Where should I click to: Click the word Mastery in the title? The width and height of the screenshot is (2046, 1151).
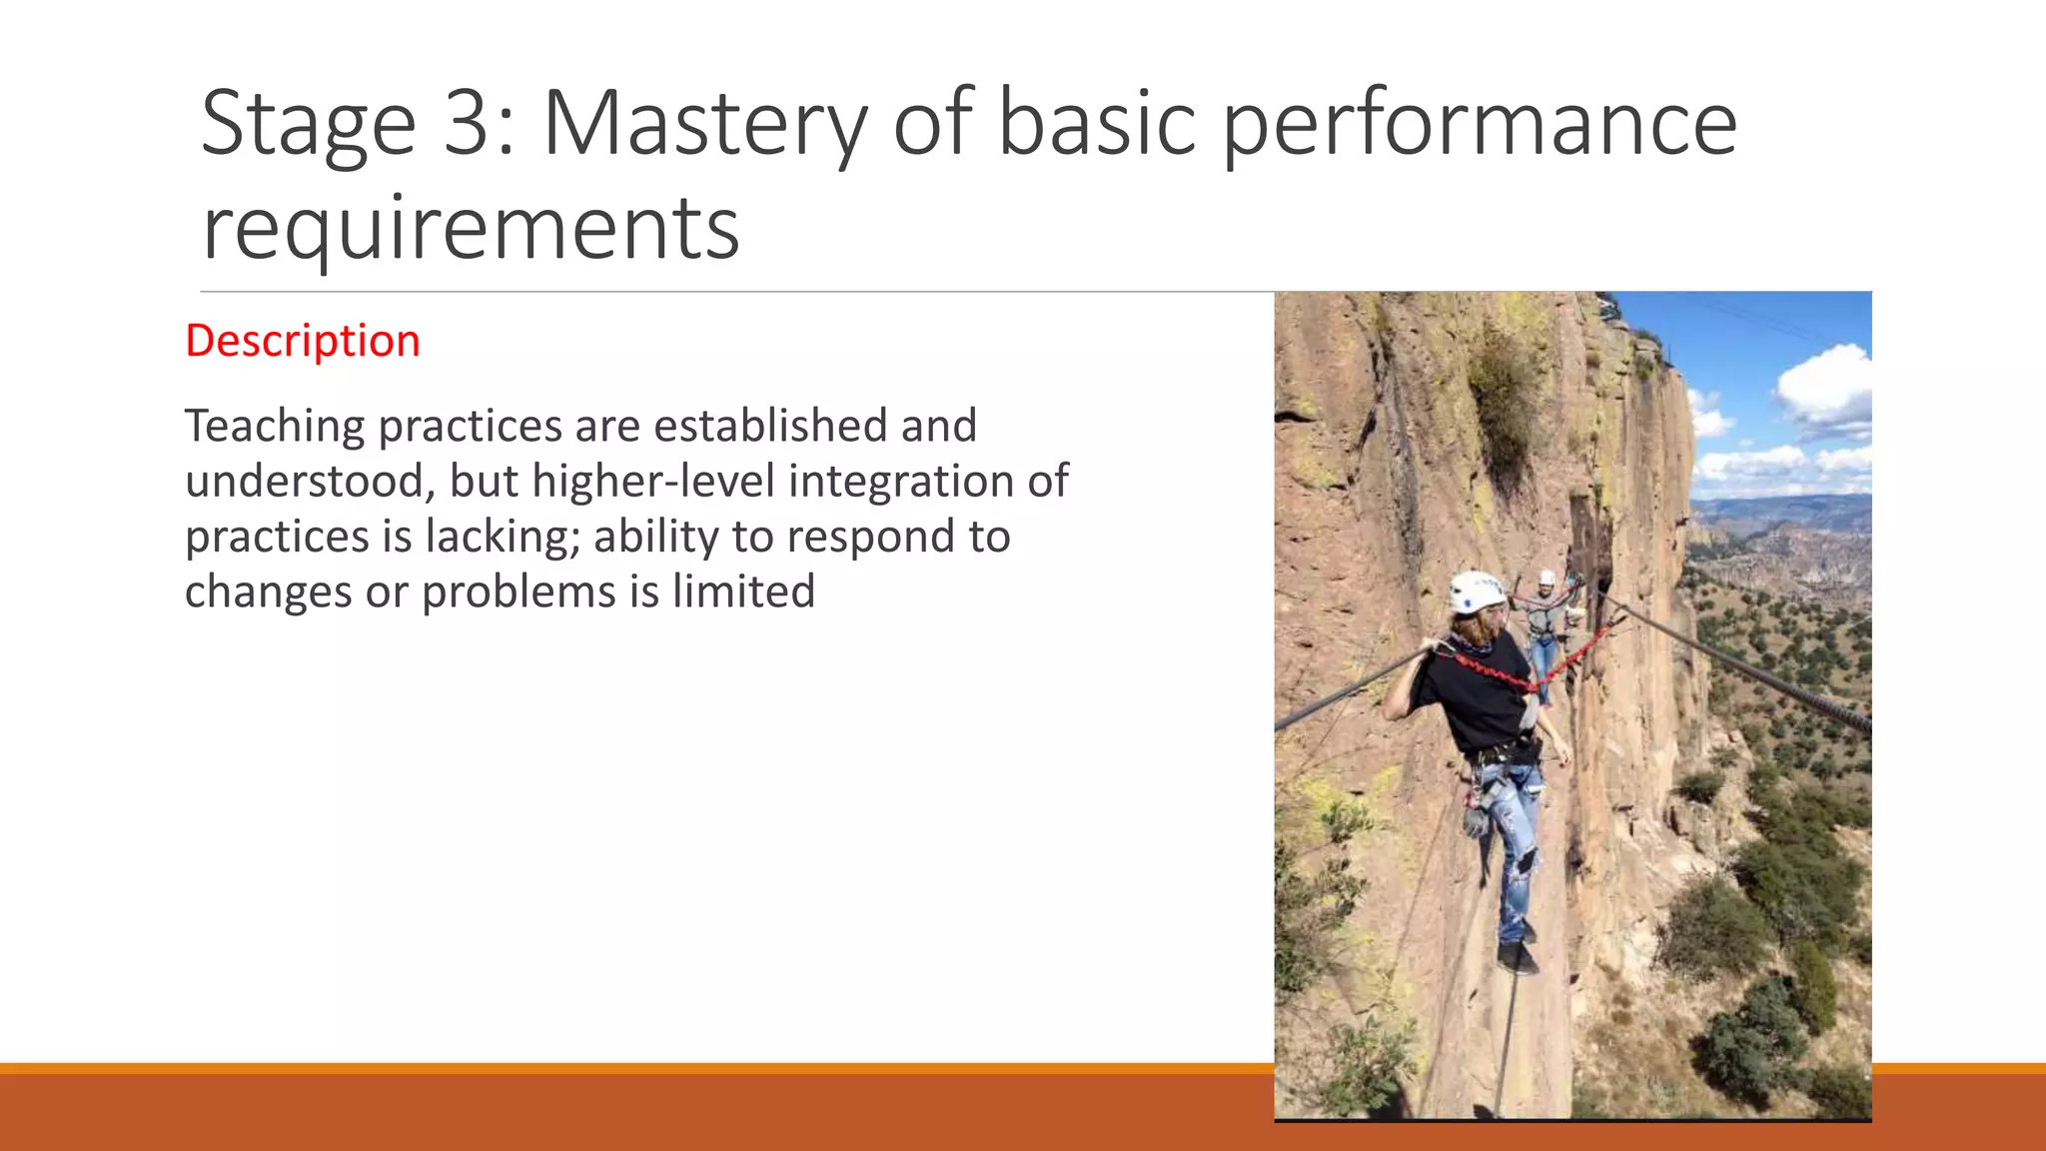705,124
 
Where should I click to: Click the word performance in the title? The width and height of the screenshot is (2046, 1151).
1480,124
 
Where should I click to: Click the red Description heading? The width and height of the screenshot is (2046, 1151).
302,341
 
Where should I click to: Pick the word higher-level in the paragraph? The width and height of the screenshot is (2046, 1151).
653,482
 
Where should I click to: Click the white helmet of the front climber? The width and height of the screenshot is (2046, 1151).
1475,591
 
